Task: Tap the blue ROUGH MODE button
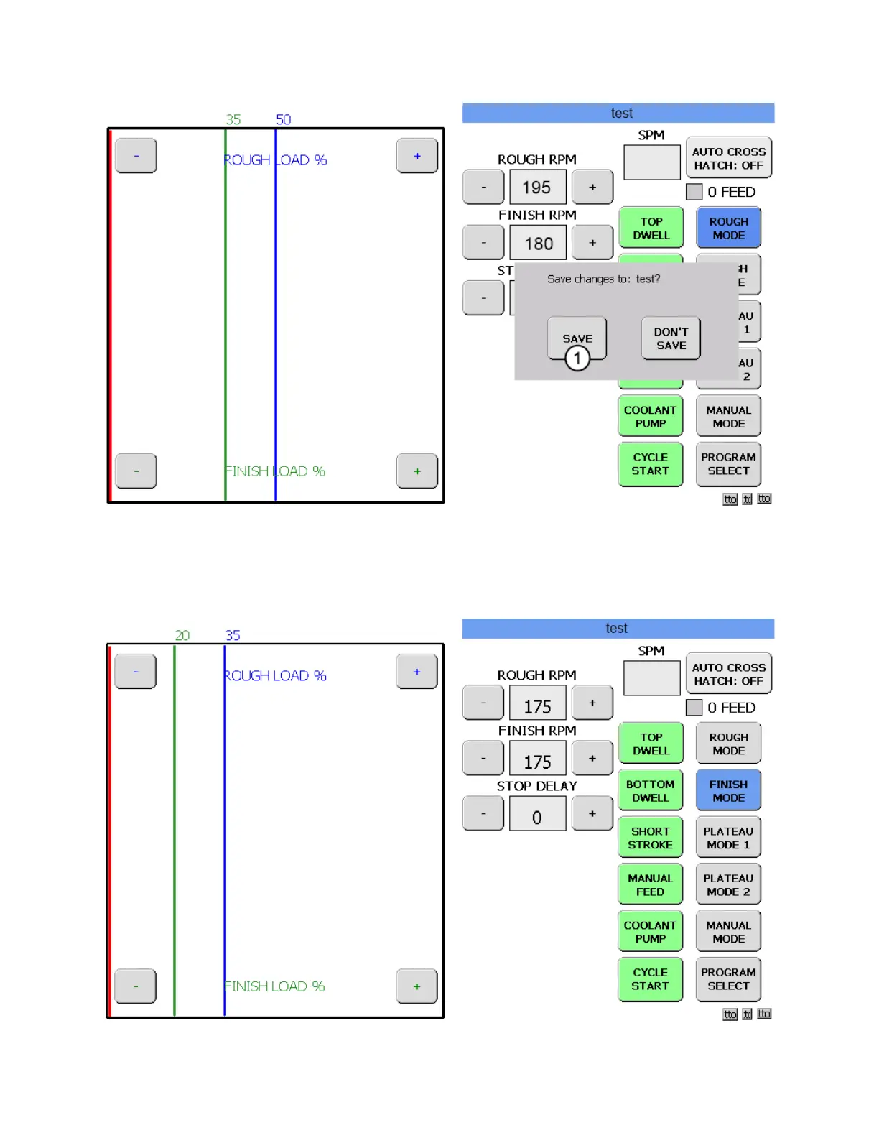pyautogui.click(x=728, y=228)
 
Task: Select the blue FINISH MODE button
pyautogui.click(x=728, y=791)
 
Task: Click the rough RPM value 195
pyautogui.click(x=537, y=188)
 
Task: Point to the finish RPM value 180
pyautogui.click(x=538, y=244)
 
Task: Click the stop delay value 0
pyautogui.click(x=537, y=817)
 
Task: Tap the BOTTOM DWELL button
pyautogui.click(x=650, y=791)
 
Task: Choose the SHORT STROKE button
pyautogui.click(x=650, y=838)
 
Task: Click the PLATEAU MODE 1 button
pyautogui.click(x=728, y=838)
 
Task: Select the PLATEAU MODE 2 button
pyautogui.click(x=728, y=884)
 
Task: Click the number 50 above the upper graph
pyautogui.click(x=284, y=119)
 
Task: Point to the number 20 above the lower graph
pyautogui.click(x=182, y=635)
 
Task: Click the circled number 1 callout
pyautogui.click(x=577, y=358)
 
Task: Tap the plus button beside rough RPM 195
pyautogui.click(x=592, y=188)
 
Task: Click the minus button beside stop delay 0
pyautogui.click(x=483, y=814)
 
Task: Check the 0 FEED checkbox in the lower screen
pyautogui.click(x=694, y=708)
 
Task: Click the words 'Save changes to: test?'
pyautogui.click(x=603, y=279)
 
